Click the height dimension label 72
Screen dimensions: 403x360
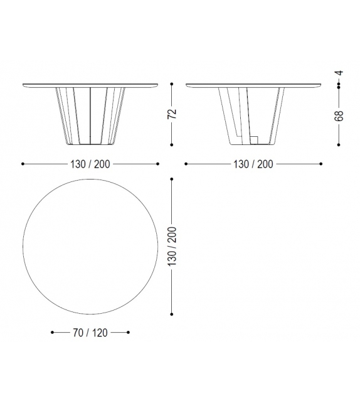tap(172, 114)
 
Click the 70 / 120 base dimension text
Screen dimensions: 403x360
tap(90, 332)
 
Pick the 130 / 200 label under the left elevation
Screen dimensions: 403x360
tap(90, 164)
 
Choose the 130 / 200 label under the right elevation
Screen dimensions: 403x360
tap(253, 164)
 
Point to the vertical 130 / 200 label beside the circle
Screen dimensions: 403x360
tap(172, 247)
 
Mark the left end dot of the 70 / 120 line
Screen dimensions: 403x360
tap(52, 332)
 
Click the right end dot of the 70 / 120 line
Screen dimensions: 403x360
tap(129, 332)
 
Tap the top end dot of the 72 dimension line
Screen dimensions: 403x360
tap(172, 83)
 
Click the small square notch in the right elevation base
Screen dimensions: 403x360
tap(255, 137)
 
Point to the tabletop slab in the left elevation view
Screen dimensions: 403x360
tap(90, 85)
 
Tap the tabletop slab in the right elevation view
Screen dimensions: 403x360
tap(253, 85)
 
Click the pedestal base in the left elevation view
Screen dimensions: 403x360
tap(90, 116)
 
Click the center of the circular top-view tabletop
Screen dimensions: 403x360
tap(90, 247)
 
